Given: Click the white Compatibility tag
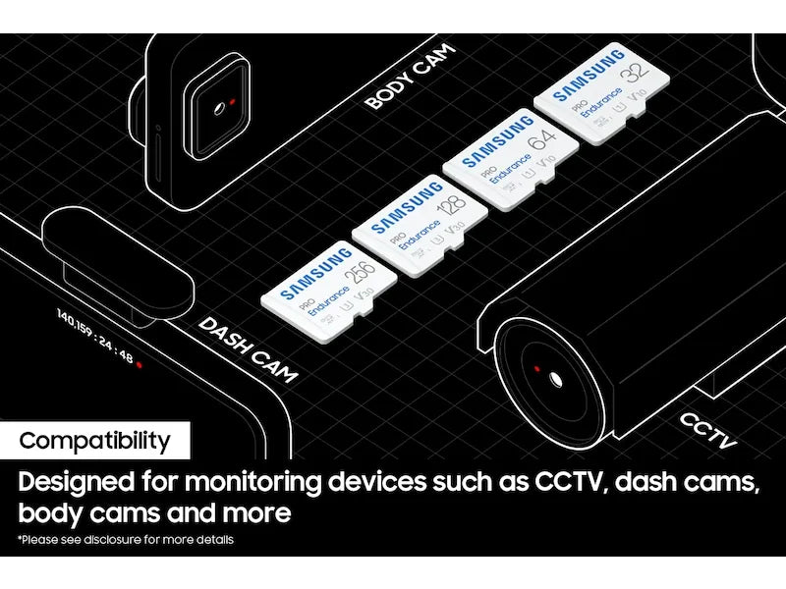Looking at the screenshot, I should coord(94,441).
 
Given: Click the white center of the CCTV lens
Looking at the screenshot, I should coord(556,379).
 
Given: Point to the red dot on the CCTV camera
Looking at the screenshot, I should coord(536,368).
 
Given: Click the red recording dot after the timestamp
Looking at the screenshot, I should coord(140,363).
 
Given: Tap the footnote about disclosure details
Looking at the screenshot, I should coord(126,540).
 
